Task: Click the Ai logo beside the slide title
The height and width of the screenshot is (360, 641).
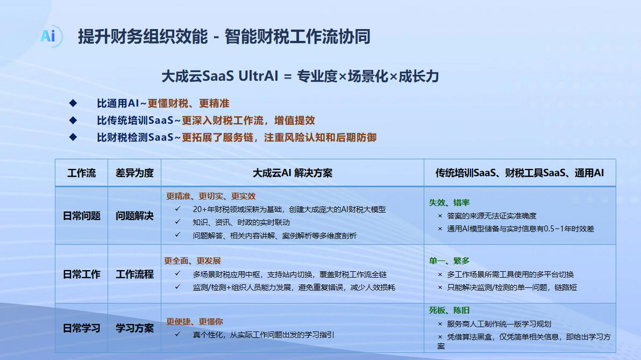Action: pyautogui.click(x=51, y=37)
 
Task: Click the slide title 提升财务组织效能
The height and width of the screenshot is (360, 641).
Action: pyautogui.click(x=143, y=37)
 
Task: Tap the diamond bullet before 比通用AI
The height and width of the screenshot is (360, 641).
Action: pyautogui.click(x=73, y=103)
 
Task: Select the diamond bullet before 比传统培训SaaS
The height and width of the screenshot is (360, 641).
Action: pyautogui.click(x=73, y=121)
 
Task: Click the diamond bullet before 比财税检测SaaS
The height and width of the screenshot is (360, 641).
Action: pyautogui.click(x=73, y=137)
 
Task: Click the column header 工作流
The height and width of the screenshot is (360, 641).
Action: pyautogui.click(x=81, y=173)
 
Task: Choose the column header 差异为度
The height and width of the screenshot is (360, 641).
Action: pyautogui.click(x=134, y=173)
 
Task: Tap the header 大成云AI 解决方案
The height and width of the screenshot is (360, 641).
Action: pyautogui.click(x=293, y=173)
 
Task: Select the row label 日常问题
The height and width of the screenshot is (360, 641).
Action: pyautogui.click(x=81, y=216)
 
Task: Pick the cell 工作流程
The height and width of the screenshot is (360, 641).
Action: pyautogui.click(x=134, y=274)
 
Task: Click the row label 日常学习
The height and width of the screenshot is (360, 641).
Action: pyautogui.click(x=81, y=328)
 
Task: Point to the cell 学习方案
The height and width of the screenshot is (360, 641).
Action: pyautogui.click(x=134, y=328)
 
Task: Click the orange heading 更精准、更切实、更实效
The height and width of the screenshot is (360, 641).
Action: pyautogui.click(x=211, y=196)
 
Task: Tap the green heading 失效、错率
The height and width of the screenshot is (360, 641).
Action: pyautogui.click(x=449, y=202)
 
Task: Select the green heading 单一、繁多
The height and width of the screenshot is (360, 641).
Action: pyautogui.click(x=449, y=261)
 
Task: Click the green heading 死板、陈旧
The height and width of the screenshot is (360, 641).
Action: pyautogui.click(x=449, y=310)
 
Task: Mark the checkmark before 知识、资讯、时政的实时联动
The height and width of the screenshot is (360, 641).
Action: pyautogui.click(x=177, y=222)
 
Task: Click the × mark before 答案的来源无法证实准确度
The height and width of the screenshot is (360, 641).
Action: pyautogui.click(x=440, y=216)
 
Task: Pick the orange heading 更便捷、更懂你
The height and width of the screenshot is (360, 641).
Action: pyautogui.click(x=194, y=322)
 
